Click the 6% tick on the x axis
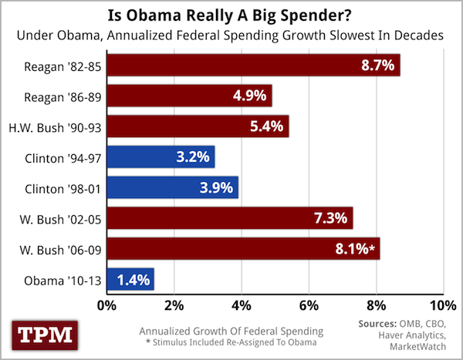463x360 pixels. pos(309,302)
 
